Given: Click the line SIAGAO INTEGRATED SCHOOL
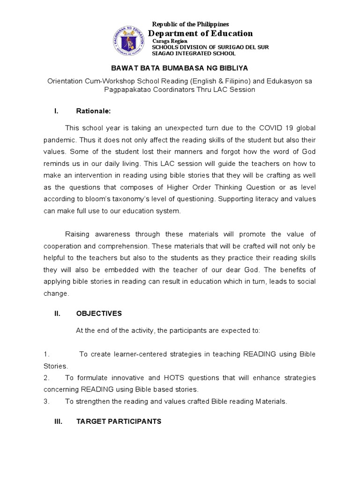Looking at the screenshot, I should coord(194,53).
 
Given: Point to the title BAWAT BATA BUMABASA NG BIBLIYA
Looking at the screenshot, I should coord(180,68).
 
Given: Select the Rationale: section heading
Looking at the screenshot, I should coord(93,111).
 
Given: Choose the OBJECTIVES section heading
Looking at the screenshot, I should coord(99,313).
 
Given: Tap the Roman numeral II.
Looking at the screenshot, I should coord(57,313).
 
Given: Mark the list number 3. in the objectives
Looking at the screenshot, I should coord(46,401).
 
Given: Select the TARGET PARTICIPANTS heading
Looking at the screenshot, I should coord(119,421).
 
